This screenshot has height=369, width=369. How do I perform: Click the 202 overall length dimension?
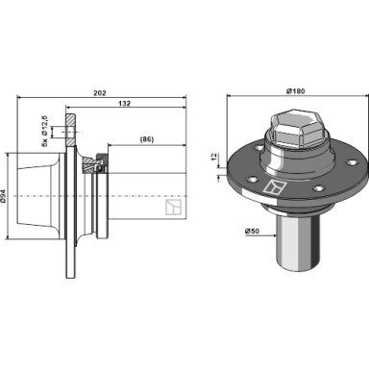[x=100, y=93]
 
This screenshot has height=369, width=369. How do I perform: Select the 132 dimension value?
[x=125, y=104]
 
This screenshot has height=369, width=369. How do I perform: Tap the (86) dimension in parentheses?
[x=147, y=139]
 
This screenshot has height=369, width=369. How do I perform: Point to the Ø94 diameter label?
[x=3, y=196]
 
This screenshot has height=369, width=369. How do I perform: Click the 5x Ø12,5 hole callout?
[x=44, y=131]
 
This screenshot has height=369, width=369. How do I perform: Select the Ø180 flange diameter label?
[x=295, y=91]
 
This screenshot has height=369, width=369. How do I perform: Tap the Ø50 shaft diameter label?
[x=252, y=231]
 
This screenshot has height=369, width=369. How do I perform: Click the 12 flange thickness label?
[x=214, y=158]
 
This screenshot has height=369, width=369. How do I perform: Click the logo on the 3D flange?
[x=273, y=187]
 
